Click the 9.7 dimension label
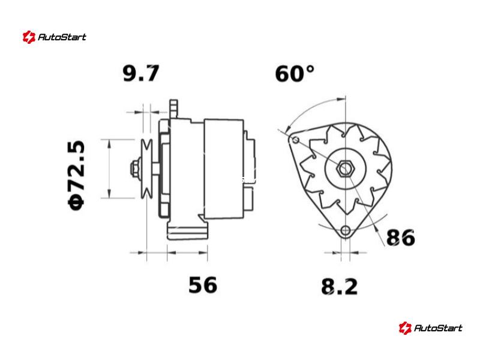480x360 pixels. click(x=141, y=73)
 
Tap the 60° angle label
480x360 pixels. click(x=295, y=73)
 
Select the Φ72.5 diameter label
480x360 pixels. click(x=76, y=175)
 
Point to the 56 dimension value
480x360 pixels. click(x=203, y=285)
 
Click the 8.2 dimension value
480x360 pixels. click(x=339, y=287)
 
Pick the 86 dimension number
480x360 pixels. click(x=401, y=237)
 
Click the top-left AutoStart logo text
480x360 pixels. click(x=62, y=37)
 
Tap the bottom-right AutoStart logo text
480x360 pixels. click(x=438, y=328)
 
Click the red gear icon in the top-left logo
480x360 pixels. click(x=29, y=37)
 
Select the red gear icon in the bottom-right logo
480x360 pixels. click(x=405, y=328)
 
